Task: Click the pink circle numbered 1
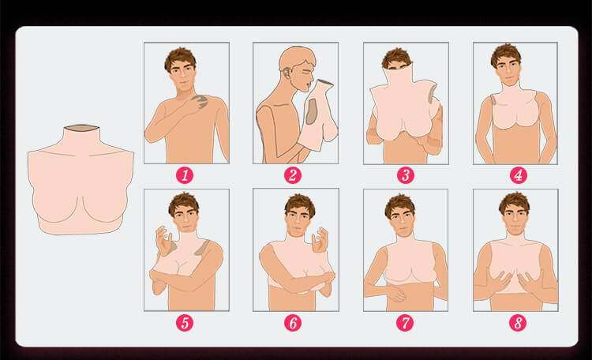(185, 175)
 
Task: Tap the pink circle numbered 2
(293, 175)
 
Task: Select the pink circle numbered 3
(406, 175)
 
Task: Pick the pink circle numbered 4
(519, 175)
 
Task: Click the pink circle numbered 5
(185, 323)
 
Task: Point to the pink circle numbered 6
(293, 323)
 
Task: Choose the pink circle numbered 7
(405, 323)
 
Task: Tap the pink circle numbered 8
(518, 323)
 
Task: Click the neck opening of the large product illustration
(81, 129)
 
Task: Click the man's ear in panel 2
(287, 72)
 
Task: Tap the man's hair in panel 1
(180, 58)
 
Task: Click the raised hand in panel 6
(320, 239)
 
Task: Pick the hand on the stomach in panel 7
(395, 293)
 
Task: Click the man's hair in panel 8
(514, 202)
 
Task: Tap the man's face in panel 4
(508, 70)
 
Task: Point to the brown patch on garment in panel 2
(312, 111)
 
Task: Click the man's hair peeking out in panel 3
(396, 58)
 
